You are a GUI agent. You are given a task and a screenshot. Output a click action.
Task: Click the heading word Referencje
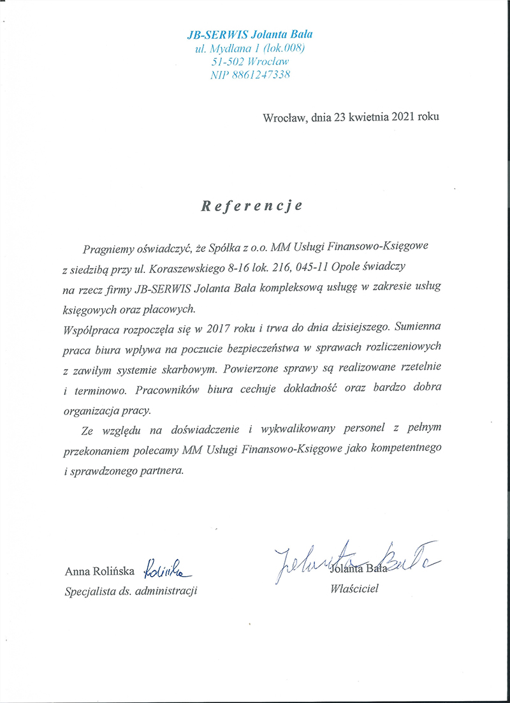point(252,207)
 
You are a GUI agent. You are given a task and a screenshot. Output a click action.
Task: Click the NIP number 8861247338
point(263,75)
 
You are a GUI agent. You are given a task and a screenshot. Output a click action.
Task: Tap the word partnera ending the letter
point(163,471)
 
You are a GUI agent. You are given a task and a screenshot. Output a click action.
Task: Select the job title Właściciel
point(354,589)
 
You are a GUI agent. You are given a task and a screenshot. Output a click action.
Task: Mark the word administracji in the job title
point(168,591)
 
